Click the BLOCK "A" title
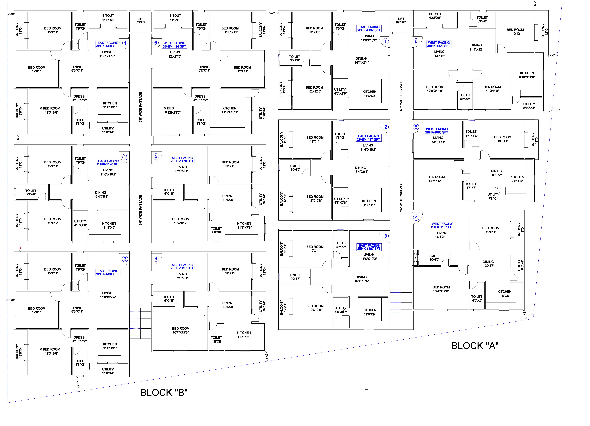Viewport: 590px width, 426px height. tap(475, 346)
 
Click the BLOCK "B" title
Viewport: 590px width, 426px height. tap(164, 392)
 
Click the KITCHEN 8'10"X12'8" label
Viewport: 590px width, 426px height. tap(527, 75)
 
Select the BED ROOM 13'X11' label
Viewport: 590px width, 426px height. tap(503, 139)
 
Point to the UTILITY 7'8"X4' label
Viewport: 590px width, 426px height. tap(493, 196)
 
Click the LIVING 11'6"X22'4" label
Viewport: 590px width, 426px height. tap(107, 295)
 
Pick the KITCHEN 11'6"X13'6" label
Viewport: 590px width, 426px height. tap(229, 110)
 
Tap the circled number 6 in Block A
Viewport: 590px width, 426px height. tap(416, 41)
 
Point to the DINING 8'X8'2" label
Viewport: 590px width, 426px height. tap(496, 173)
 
